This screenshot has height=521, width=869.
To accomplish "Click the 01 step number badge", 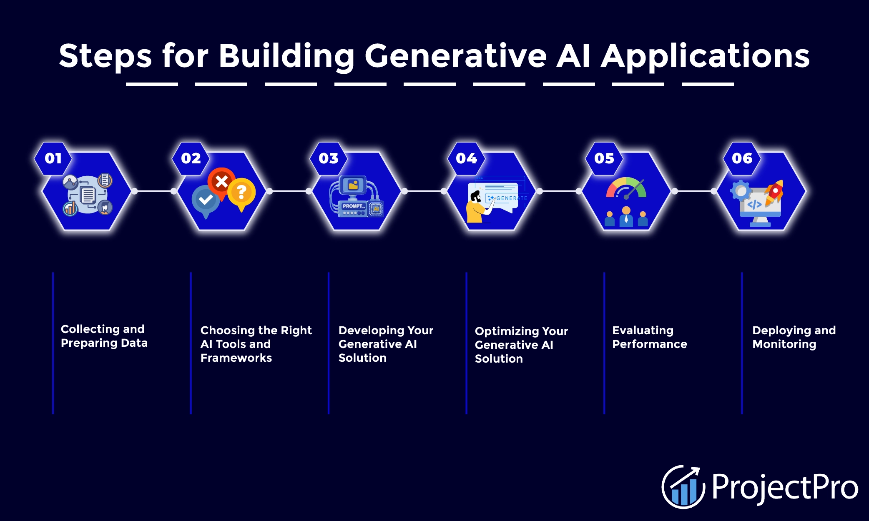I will coord(53,158).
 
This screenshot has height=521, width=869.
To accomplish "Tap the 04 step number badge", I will coord(466,158).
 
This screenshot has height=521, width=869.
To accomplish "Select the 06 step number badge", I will coord(742,158).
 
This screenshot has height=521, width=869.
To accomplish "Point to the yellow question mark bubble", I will coord(241,193).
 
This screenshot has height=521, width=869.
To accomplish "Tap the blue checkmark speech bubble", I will coord(206,200).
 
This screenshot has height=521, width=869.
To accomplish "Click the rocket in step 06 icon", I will coord(775,192).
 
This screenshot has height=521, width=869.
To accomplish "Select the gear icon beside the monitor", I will coord(741,191).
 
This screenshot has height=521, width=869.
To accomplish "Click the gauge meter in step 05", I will coord(626,188).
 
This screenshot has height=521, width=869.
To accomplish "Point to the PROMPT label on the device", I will coord(353,206).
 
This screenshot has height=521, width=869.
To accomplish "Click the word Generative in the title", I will coord(455,56).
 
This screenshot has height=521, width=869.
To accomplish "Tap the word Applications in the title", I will coord(705,56).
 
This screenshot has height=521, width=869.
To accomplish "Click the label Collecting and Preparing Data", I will coord(104,336).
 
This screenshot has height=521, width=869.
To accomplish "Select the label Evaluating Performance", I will coord(649,337).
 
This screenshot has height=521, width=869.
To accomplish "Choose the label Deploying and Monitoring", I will coord(794,337).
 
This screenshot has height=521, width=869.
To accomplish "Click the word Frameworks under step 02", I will coord(236,358).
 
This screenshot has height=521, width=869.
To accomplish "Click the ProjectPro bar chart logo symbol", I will coord(683,487).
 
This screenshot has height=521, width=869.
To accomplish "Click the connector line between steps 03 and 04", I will coord(424,191).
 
